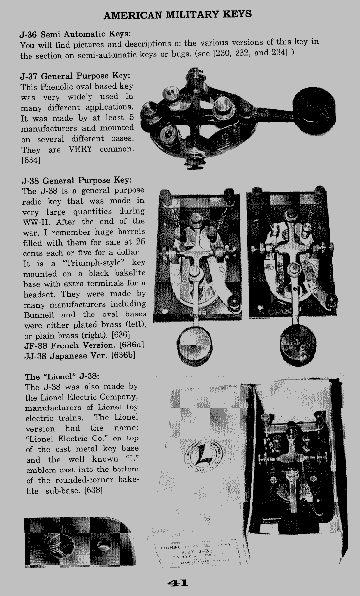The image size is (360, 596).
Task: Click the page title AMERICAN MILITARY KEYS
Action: [x=178, y=15]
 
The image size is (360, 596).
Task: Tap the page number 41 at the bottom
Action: [x=178, y=583]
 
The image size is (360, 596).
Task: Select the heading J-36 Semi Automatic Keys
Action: [x=75, y=34]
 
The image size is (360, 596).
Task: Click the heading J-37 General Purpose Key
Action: [x=76, y=76]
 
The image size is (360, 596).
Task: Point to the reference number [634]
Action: [x=31, y=159]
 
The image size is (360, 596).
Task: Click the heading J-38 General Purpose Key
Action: [x=77, y=180]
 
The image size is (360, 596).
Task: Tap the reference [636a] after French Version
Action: [x=127, y=345]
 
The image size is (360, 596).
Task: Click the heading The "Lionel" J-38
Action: [x=62, y=377]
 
